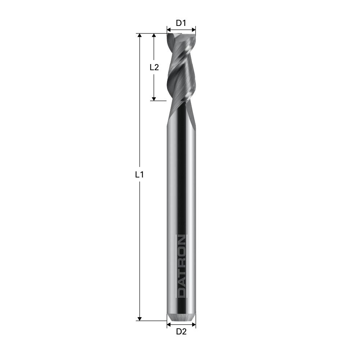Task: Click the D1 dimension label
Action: [x=181, y=23]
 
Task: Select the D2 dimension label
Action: [x=181, y=332]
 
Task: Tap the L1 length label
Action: [x=139, y=175]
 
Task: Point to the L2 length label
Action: [x=154, y=67]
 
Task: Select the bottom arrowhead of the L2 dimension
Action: [x=154, y=98]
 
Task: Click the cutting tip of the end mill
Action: [x=181, y=35]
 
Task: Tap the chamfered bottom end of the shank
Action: [x=181, y=318]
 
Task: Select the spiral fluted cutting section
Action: [x=181, y=68]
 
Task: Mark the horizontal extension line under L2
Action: [x=158, y=101]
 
